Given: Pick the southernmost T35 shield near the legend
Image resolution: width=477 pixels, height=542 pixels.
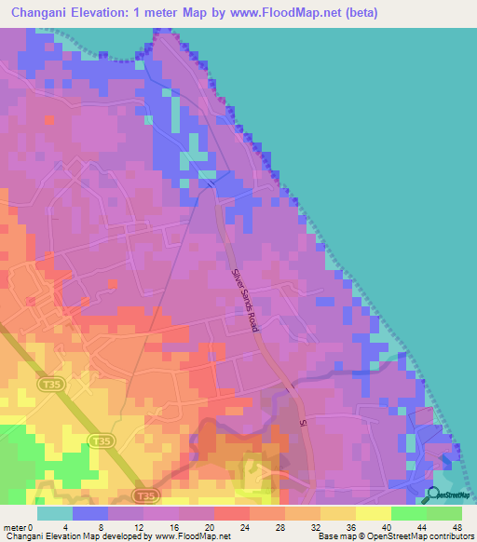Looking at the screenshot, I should (143, 496).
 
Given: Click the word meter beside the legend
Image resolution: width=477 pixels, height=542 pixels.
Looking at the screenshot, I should (15, 526).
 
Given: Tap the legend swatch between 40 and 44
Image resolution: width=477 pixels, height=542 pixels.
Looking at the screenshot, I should (409, 512).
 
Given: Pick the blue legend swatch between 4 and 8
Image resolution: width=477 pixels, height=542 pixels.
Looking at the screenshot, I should (89, 512).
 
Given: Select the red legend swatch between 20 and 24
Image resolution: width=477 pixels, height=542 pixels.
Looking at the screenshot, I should (232, 512).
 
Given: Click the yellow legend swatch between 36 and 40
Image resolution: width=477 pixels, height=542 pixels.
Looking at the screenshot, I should (374, 512).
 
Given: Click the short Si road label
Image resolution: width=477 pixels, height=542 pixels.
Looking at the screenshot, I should (302, 423).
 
